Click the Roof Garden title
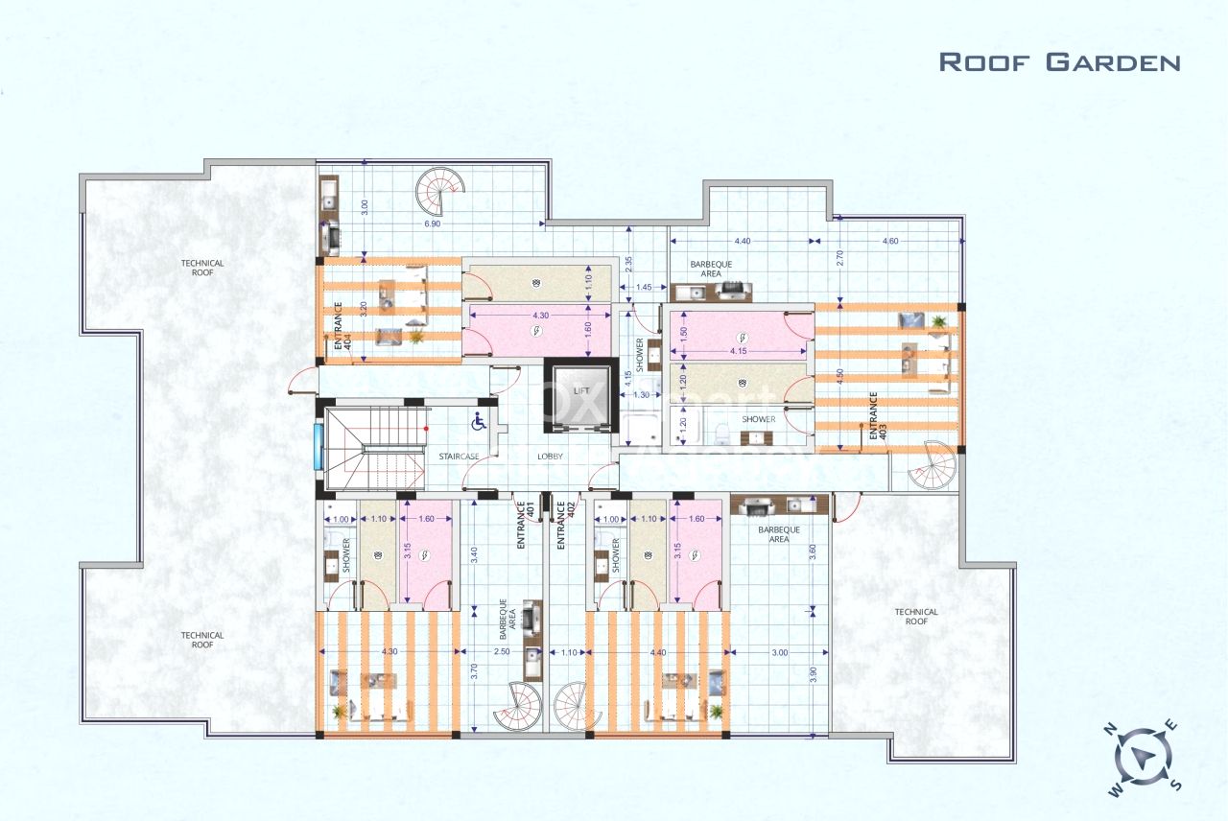click(x=1059, y=62)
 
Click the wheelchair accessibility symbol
click(x=477, y=420)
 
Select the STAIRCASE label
click(x=459, y=457)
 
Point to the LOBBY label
click(x=551, y=457)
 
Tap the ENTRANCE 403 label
click(x=874, y=416)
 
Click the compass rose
click(x=1143, y=757)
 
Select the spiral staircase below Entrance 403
click(x=931, y=467)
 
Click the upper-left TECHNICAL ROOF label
click(x=202, y=268)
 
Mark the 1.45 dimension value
click(x=644, y=288)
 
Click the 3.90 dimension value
click(x=813, y=673)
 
